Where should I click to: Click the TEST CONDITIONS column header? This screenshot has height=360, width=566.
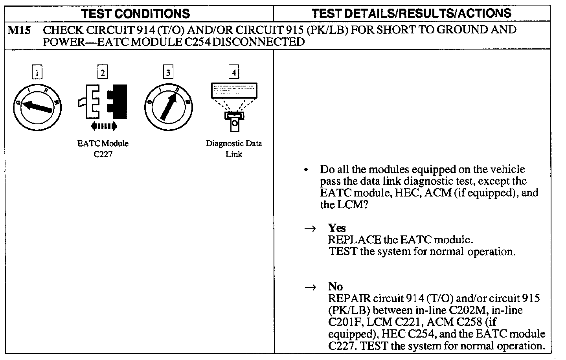coord(135,13)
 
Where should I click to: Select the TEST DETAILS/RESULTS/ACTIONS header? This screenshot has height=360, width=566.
coord(411,13)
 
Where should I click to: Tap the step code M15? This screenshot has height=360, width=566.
coord(19,30)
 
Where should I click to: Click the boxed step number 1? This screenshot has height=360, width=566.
coord(37,73)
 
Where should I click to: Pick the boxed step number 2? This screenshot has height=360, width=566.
coord(103,73)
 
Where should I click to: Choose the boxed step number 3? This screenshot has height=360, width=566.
coord(168,73)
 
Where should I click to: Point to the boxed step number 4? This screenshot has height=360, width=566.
coord(234,73)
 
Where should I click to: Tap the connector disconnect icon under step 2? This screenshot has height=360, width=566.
coord(103,101)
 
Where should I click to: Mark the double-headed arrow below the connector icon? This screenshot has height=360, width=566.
coord(103,126)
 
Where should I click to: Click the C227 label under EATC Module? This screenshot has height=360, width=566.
coord(103,154)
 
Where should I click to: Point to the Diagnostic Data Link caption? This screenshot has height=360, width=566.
coord(234,149)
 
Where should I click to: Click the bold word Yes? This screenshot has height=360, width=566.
coord(337,228)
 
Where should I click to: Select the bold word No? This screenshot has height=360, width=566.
coord(335,286)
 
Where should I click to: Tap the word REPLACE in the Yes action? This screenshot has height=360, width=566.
coord(355,239)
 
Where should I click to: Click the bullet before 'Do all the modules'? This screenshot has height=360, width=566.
coord(306,170)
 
